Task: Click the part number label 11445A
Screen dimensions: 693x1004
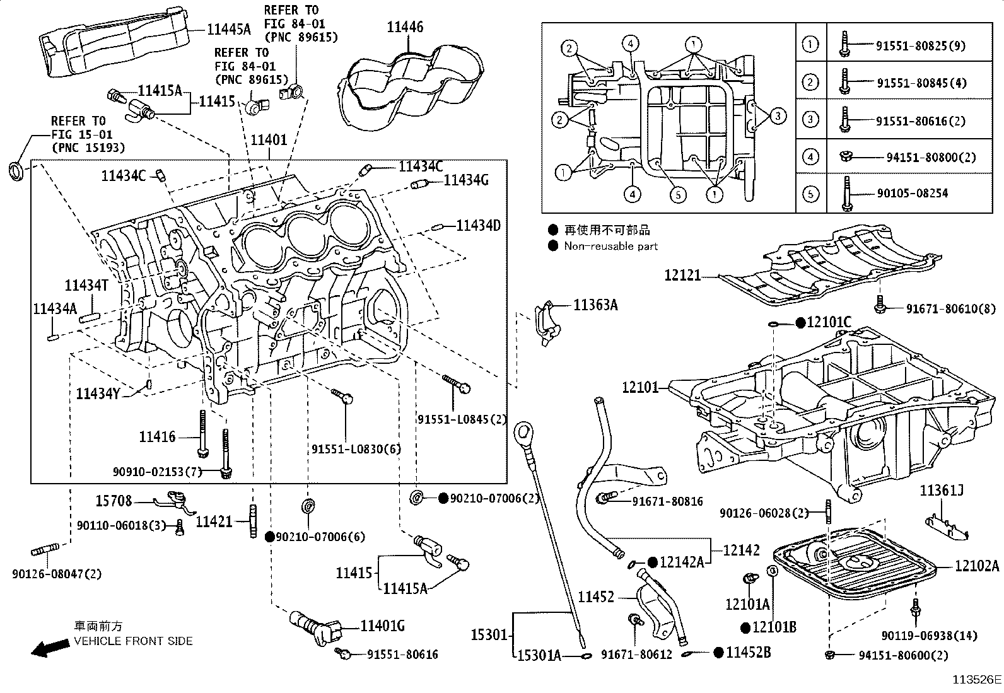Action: click(x=229, y=28)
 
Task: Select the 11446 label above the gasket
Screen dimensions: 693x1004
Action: click(x=405, y=27)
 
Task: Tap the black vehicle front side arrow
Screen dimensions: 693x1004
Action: click(x=50, y=647)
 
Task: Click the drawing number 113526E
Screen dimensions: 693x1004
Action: click(x=976, y=680)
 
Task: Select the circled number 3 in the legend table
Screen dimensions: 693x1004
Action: click(x=810, y=120)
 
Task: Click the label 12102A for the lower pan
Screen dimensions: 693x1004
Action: click(x=976, y=566)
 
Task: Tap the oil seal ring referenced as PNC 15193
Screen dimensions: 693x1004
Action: click(x=17, y=170)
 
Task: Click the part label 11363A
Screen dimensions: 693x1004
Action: click(x=595, y=305)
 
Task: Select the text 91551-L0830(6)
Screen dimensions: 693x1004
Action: click(x=356, y=449)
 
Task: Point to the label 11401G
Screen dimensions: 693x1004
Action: click(x=382, y=626)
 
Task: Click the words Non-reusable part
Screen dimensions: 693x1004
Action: click(x=610, y=247)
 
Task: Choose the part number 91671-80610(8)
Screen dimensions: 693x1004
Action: click(x=950, y=308)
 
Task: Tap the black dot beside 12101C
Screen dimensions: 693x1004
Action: click(x=800, y=323)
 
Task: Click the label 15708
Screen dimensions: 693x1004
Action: click(x=114, y=501)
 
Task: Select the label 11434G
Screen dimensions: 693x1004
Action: click(x=466, y=180)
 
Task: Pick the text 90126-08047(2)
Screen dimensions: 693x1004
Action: click(x=56, y=574)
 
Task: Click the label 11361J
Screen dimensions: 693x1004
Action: click(x=941, y=491)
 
